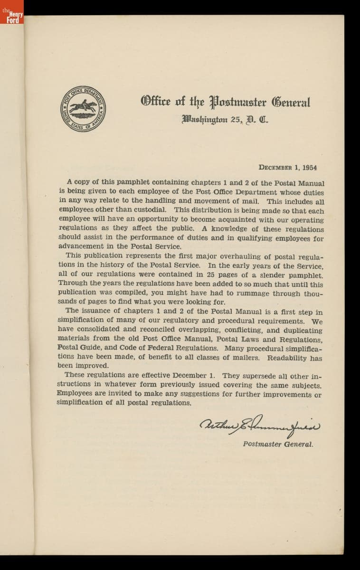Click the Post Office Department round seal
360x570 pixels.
83,109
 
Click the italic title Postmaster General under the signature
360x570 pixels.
278,445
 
